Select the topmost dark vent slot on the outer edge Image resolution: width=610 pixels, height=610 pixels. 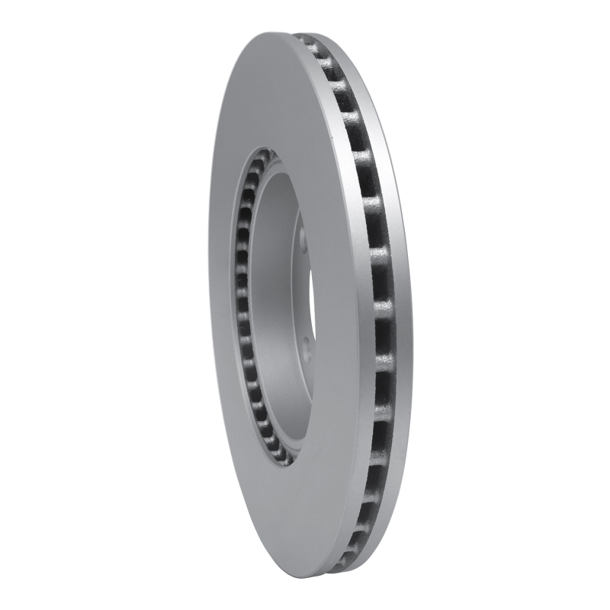click(309, 40)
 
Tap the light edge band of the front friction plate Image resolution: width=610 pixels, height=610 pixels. click(358, 305)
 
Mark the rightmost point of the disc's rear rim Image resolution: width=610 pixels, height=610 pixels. click(413, 305)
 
